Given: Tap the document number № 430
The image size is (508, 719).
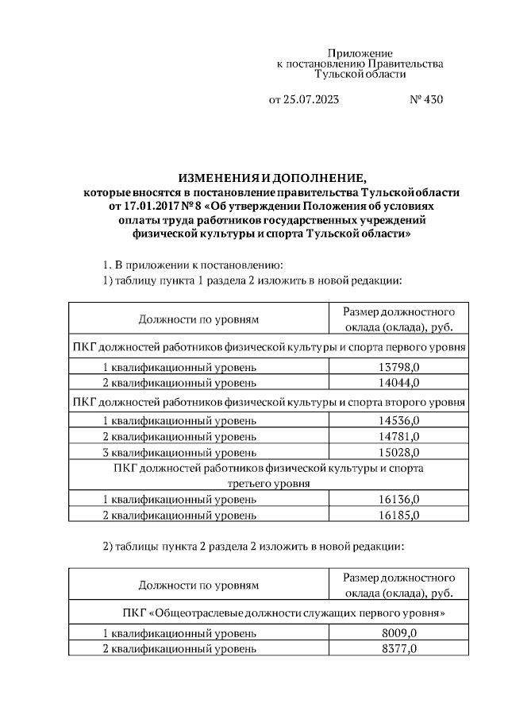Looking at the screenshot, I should pos(426,100).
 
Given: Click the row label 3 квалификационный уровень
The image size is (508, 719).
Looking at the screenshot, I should pos(179,453).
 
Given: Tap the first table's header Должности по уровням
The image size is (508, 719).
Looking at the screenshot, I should pos(198,319).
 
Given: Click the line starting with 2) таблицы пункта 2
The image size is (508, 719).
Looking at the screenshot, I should pos(254,547).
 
